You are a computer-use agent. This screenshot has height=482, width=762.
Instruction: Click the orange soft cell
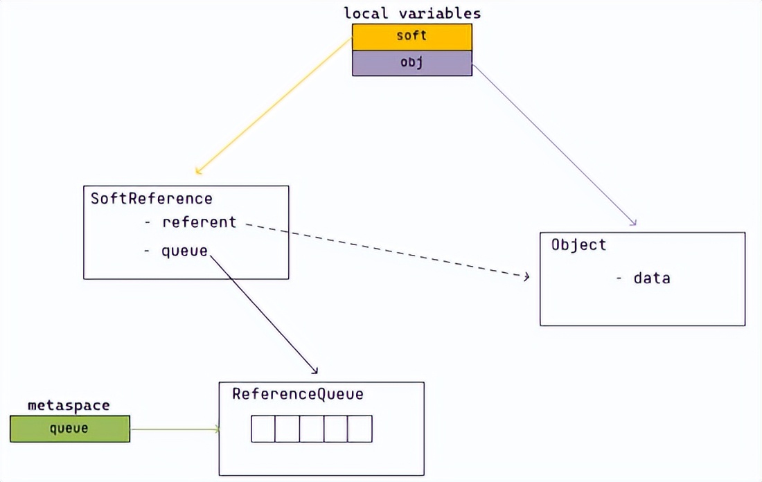tap(411, 37)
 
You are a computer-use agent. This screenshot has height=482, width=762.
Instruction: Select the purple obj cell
tap(411, 63)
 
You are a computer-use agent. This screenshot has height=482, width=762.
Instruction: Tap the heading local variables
tap(411, 13)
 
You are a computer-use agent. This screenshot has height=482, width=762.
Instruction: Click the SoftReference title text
tap(151, 199)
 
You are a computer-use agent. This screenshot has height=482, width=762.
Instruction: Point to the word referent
tap(199, 222)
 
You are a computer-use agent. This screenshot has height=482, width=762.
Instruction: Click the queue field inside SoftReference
tap(184, 251)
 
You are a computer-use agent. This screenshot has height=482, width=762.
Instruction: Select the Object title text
tap(578, 244)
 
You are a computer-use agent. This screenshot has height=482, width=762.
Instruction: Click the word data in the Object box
tap(651, 278)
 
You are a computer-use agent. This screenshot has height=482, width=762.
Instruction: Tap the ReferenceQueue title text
tap(297, 394)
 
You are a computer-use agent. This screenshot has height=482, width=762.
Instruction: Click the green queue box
tap(69, 429)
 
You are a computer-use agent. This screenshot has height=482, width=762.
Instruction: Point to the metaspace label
tap(69, 405)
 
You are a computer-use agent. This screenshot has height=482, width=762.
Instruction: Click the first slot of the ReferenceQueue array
tap(263, 429)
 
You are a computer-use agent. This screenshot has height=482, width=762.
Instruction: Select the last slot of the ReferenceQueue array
tap(360, 429)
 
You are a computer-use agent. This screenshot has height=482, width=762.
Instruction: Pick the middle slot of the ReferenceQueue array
tap(311, 429)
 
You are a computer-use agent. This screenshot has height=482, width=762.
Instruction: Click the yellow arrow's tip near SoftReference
tap(197, 172)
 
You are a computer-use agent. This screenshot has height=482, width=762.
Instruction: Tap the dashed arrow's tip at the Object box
tap(527, 277)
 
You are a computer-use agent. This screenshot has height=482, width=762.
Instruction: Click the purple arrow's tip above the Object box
tap(634, 224)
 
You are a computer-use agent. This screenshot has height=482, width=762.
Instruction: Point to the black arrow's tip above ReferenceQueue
tap(316, 372)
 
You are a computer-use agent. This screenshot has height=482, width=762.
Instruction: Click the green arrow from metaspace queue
tap(173, 429)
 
